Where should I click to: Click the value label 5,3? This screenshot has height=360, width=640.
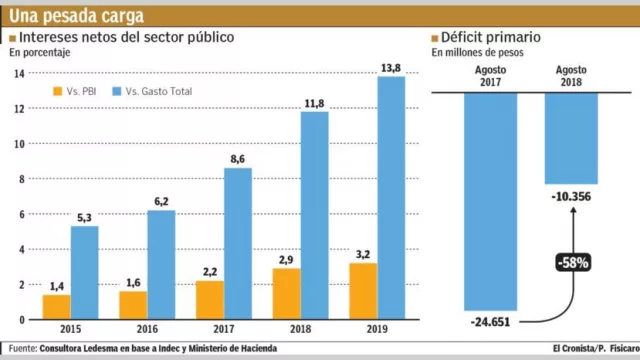point(84,217)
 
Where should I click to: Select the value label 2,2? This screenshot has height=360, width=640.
point(209,272)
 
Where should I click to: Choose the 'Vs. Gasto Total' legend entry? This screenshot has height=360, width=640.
point(153,92)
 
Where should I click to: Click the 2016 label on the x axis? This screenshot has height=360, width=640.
point(146,329)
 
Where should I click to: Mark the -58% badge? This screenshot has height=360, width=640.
point(573,264)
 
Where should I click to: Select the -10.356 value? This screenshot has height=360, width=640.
point(571,196)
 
